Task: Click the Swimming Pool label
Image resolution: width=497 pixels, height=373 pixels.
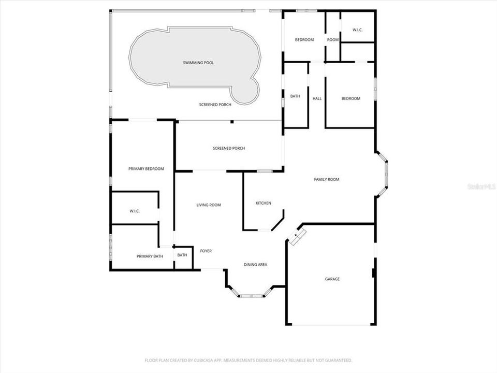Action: (198, 63)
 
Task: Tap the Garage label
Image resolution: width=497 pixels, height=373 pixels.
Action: (332, 279)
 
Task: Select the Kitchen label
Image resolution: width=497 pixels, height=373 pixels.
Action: (263, 203)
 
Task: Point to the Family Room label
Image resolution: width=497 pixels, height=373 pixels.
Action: (327, 179)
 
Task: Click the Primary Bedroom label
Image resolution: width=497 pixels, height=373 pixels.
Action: (146, 169)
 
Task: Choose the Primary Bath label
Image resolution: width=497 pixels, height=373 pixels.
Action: (150, 256)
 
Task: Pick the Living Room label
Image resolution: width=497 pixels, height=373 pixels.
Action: (209, 205)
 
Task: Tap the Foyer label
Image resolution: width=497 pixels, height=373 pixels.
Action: (206, 251)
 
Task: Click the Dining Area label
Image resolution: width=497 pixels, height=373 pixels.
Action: (255, 265)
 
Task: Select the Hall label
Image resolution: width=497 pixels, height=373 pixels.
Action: (317, 98)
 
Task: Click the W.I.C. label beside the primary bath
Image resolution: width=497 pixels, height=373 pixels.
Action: (135, 211)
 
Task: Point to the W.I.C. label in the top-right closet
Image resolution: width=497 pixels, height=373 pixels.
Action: (357, 30)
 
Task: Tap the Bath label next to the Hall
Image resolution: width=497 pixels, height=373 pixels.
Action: (295, 96)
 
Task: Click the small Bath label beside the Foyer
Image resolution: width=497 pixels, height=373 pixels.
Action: (182, 255)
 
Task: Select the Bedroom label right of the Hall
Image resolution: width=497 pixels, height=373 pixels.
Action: (350, 98)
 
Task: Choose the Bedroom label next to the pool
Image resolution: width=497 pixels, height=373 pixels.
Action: (304, 40)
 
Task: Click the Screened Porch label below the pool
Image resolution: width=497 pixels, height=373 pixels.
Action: (215, 104)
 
